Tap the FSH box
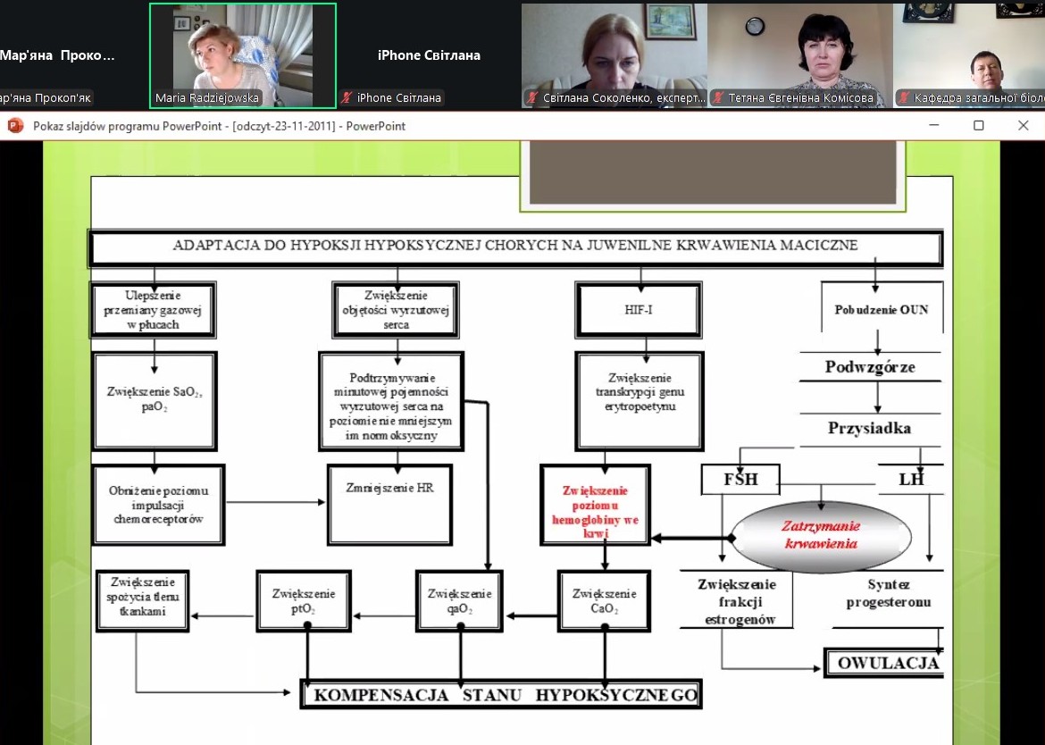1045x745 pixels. [x=740, y=480]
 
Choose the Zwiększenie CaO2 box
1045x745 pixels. [x=605, y=600]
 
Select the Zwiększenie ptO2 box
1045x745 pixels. [x=306, y=600]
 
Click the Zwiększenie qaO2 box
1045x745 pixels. [x=460, y=600]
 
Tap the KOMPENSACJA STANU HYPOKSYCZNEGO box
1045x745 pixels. [x=501, y=694]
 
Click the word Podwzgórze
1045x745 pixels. [x=870, y=367]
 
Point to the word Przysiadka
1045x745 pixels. [x=869, y=428]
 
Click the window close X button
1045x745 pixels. [x=1024, y=126]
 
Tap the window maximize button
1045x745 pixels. [x=979, y=126]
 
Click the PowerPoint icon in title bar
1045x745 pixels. [x=15, y=126]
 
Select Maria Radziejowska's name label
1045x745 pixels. [x=206, y=98]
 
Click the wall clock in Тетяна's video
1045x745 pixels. [x=755, y=26]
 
